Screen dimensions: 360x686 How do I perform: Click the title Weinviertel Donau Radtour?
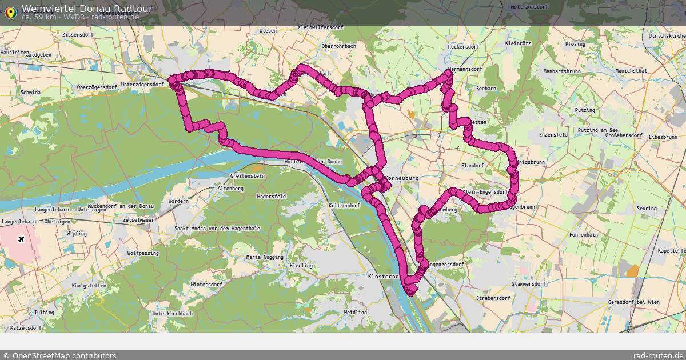87,9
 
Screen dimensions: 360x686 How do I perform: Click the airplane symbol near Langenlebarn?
22,239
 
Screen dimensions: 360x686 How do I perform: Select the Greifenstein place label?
248,176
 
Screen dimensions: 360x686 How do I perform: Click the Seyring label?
647,209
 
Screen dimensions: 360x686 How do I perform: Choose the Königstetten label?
89,285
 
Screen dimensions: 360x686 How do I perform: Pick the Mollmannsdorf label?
529,7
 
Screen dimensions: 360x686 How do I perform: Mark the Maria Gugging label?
265,258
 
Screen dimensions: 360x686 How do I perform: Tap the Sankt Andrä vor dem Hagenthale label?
217,229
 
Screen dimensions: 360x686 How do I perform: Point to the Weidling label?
355,313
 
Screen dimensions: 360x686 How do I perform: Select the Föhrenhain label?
584,235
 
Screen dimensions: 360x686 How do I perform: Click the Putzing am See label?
597,131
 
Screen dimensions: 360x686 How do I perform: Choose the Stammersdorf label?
529,283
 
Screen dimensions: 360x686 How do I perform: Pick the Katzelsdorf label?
26,328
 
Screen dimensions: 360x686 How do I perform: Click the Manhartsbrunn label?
562,71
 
